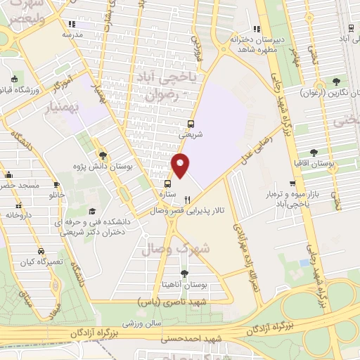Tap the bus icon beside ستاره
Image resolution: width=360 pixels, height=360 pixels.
(x=167, y=184)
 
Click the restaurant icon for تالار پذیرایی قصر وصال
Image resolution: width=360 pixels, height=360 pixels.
(x=186, y=199)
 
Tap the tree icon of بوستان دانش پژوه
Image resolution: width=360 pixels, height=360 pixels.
(x=103, y=155)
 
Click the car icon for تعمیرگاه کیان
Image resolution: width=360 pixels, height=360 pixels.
(x=41, y=251)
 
